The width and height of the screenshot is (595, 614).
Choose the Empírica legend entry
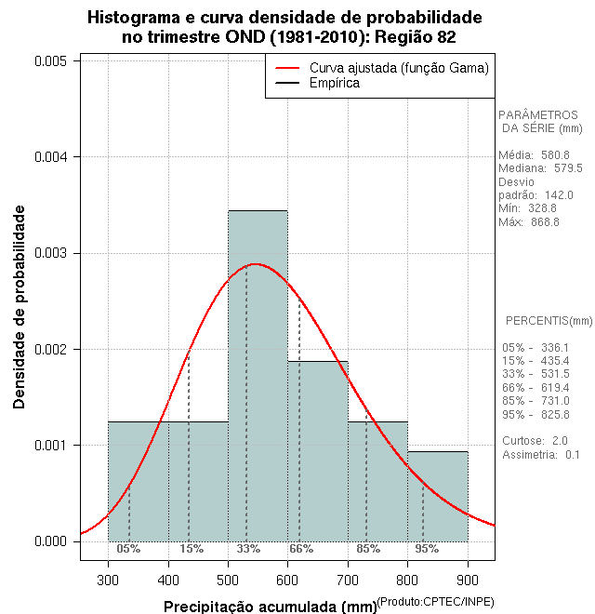pyautogui.click(x=335, y=83)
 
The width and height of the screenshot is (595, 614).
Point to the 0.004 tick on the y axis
pyautogui.click(x=50, y=156)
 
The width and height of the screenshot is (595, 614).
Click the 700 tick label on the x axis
pyautogui.click(x=348, y=578)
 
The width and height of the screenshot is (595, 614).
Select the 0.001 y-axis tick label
pyautogui.click(x=50, y=445)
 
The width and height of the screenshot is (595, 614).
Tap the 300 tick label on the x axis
pyautogui.click(x=108, y=578)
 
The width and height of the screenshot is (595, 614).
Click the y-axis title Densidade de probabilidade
pyautogui.click(x=20, y=307)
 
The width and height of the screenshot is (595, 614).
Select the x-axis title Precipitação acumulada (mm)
pyautogui.click(x=271, y=607)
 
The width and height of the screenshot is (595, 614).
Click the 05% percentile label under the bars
pyautogui.click(x=128, y=549)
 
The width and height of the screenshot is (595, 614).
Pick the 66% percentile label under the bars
pyautogui.click(x=300, y=549)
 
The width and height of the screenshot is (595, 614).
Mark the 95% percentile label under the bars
pyautogui.click(x=427, y=549)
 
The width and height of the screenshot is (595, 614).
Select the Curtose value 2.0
pyautogui.click(x=560, y=440)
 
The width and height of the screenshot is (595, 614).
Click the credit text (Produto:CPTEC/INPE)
pyautogui.click(x=434, y=602)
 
